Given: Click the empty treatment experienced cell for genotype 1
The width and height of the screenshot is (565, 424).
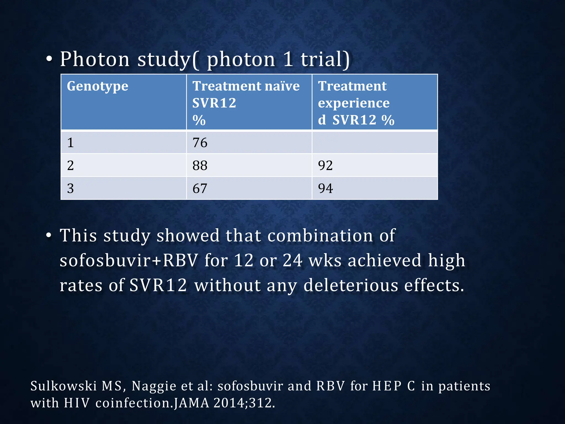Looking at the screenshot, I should click(x=374, y=143).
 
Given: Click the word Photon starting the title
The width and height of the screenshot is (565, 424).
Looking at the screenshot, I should click(x=95, y=59).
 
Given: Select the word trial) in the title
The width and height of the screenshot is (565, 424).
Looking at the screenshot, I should click(x=325, y=59).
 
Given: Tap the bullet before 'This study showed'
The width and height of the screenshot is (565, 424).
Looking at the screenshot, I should click(x=49, y=235).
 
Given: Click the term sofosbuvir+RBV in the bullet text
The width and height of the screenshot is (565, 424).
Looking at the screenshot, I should click(x=129, y=261).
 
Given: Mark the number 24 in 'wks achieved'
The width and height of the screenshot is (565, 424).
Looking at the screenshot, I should click(x=292, y=261).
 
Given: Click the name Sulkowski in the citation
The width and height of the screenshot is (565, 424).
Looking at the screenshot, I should click(x=63, y=386).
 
